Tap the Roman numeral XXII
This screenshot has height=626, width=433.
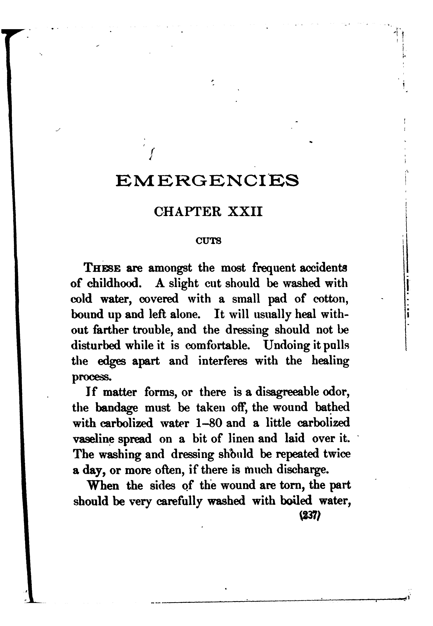pos(245,212)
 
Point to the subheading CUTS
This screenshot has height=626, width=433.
pos(208,241)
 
